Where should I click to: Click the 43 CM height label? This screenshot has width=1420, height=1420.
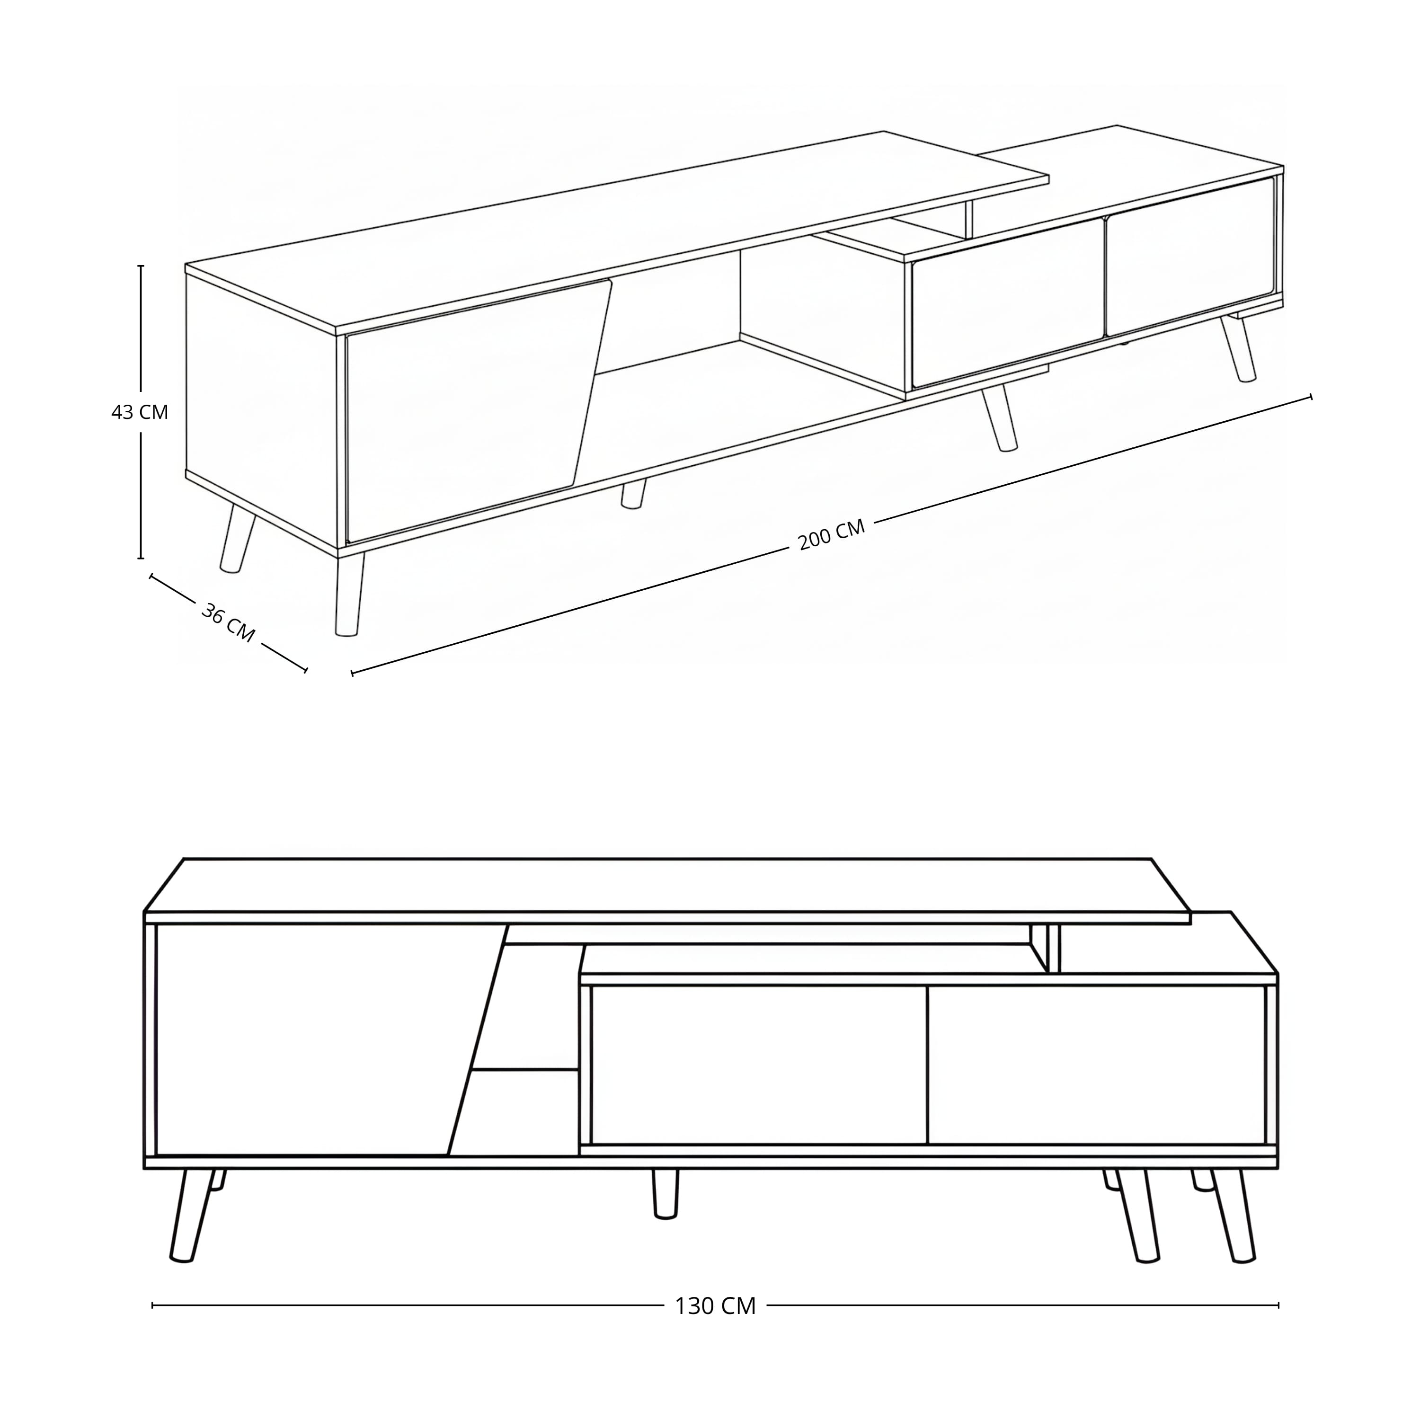(x=140, y=412)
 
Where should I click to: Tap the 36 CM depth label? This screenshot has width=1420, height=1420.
(x=228, y=622)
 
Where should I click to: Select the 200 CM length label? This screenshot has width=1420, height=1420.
(x=831, y=534)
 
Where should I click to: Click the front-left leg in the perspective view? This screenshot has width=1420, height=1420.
(x=348, y=594)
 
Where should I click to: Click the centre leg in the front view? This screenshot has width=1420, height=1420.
(x=665, y=1194)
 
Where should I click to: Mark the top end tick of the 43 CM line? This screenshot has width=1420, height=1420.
(x=141, y=266)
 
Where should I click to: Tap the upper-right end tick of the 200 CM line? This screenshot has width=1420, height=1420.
(x=1311, y=397)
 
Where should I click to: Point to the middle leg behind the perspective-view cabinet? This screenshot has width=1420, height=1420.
(x=633, y=494)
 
